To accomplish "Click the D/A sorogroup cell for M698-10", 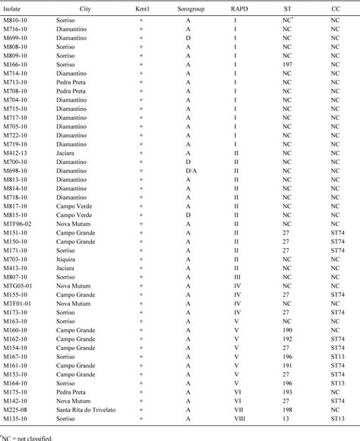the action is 188,172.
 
